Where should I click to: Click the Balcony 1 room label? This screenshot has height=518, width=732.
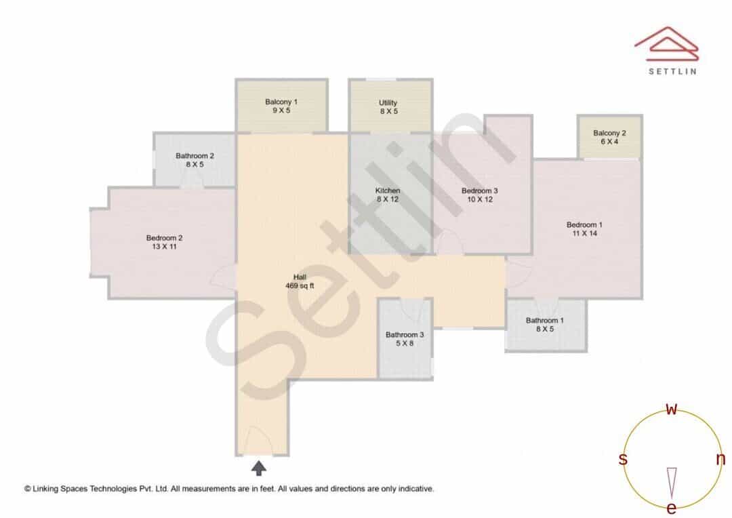[x=281, y=106]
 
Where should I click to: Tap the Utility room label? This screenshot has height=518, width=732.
[x=388, y=107]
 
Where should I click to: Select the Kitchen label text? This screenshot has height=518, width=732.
[x=388, y=195]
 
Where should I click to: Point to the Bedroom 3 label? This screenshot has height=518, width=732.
[x=479, y=195]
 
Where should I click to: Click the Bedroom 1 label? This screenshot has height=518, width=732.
[x=584, y=229]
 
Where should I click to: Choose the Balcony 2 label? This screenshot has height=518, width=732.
[x=609, y=138]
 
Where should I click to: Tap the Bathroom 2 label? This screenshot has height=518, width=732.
[x=195, y=160]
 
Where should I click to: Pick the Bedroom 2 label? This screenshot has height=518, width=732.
[x=164, y=242]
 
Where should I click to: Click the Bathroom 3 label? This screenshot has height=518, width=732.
[x=405, y=338]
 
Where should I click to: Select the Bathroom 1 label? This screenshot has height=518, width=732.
[x=545, y=325]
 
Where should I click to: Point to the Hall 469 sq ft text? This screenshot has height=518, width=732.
[x=300, y=281]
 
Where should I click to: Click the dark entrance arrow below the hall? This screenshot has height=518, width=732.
[x=259, y=468]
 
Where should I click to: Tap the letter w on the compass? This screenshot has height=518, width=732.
[x=671, y=409]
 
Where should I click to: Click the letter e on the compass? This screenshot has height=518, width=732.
[x=671, y=508]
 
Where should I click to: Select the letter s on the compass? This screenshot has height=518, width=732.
[x=623, y=459]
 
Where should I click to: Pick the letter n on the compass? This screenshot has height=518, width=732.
[x=720, y=459]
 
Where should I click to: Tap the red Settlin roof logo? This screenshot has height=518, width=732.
[x=666, y=44]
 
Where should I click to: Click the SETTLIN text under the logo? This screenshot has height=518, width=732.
[x=672, y=71]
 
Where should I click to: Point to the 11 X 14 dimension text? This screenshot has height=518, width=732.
[x=584, y=233]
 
